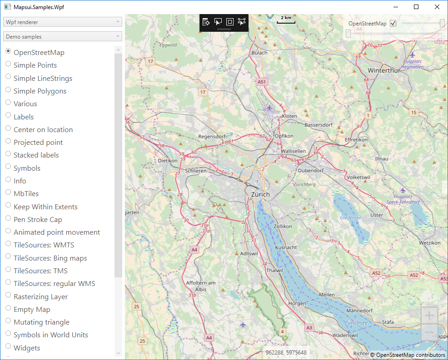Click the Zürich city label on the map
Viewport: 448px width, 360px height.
click(x=260, y=194)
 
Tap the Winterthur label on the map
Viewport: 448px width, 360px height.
click(x=383, y=71)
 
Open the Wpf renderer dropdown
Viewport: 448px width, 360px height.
click(x=63, y=22)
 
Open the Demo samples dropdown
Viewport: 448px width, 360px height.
click(x=63, y=36)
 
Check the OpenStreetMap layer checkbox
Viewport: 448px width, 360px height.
click(x=393, y=23)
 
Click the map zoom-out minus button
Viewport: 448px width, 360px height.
click(x=429, y=333)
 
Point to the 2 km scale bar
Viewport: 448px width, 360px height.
click(x=286, y=20)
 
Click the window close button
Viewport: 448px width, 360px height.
click(x=437, y=7)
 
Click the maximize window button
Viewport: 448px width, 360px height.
click(x=416, y=7)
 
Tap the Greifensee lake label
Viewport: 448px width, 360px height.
click(x=350, y=218)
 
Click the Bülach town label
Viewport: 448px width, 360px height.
click(x=260, y=53)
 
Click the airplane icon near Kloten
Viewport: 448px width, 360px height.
click(x=269, y=108)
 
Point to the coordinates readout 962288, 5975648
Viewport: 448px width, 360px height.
click(x=286, y=353)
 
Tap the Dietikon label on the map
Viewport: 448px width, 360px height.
click(x=167, y=161)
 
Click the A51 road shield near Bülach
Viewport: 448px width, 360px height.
click(x=262, y=82)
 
